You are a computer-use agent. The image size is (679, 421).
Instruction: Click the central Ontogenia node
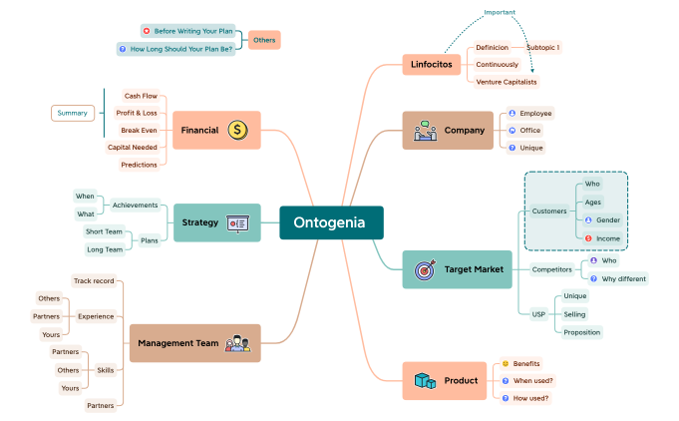tap(331, 222)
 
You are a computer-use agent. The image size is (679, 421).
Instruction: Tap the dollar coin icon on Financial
tap(237, 130)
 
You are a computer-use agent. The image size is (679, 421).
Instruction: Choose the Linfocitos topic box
tap(431, 65)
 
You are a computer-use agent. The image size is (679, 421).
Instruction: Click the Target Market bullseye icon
tap(424, 269)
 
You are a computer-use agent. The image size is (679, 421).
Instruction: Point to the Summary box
tap(73, 113)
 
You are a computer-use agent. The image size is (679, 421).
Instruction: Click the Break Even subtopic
tap(139, 130)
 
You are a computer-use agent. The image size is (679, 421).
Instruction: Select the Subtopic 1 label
tap(542, 47)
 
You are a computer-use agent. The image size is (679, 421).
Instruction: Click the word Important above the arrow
tap(500, 12)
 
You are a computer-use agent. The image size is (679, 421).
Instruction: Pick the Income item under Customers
tap(608, 238)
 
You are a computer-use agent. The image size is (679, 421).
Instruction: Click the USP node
tap(538, 314)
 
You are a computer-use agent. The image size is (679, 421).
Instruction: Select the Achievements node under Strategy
tap(135, 205)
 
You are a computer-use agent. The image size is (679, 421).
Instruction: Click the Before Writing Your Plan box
tap(191, 31)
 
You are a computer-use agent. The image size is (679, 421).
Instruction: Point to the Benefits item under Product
tap(525, 363)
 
